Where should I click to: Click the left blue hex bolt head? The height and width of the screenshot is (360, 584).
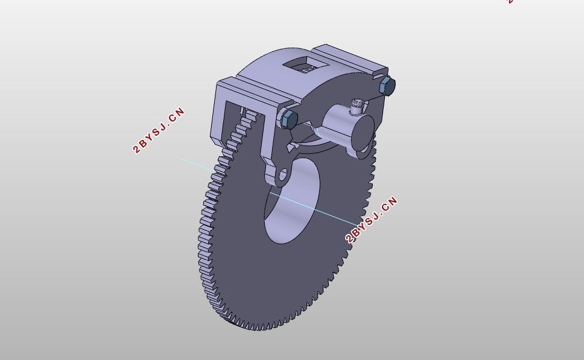click(288, 119)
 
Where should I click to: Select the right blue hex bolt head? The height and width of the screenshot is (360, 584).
click(387, 86)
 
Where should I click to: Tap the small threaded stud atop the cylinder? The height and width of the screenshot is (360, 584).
click(357, 106)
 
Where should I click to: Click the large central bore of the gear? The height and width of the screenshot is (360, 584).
click(292, 201)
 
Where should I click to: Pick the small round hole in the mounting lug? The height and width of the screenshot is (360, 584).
click(283, 175)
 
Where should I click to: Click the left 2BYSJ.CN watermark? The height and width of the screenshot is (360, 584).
click(159, 130)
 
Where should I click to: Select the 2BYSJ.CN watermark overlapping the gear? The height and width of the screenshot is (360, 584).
click(371, 219)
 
